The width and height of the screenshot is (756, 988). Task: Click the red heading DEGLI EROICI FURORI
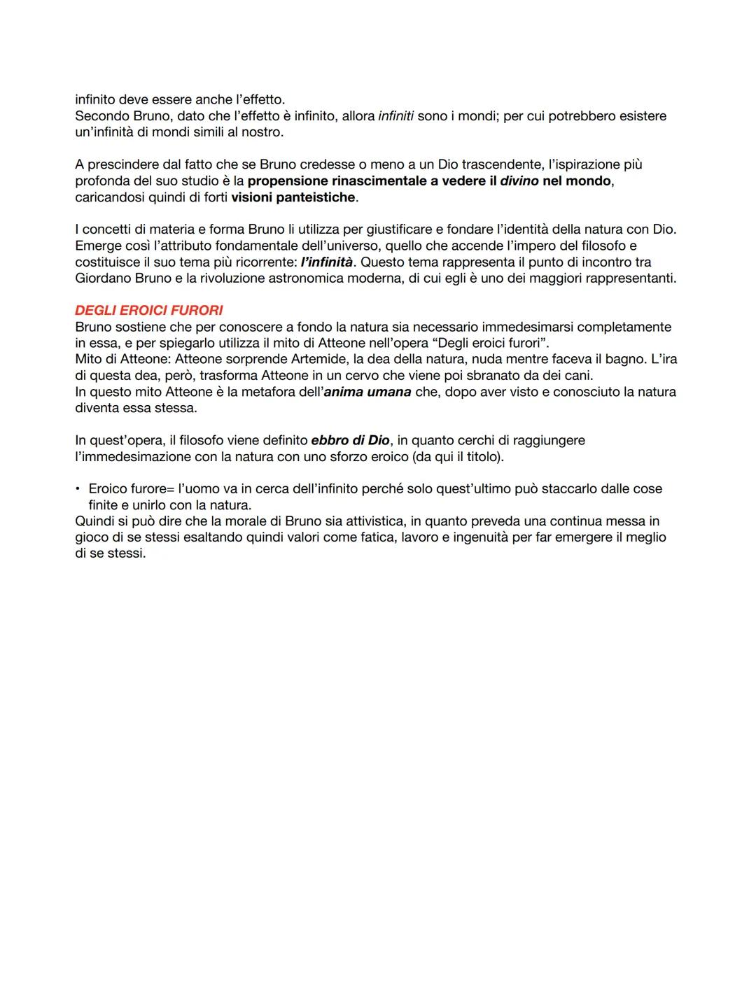149,311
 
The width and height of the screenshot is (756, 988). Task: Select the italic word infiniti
395,116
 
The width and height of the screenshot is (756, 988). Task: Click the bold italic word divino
519,181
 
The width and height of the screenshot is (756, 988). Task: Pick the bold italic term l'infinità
326,262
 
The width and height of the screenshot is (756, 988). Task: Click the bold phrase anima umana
367,392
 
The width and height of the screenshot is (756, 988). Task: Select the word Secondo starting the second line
101,116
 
